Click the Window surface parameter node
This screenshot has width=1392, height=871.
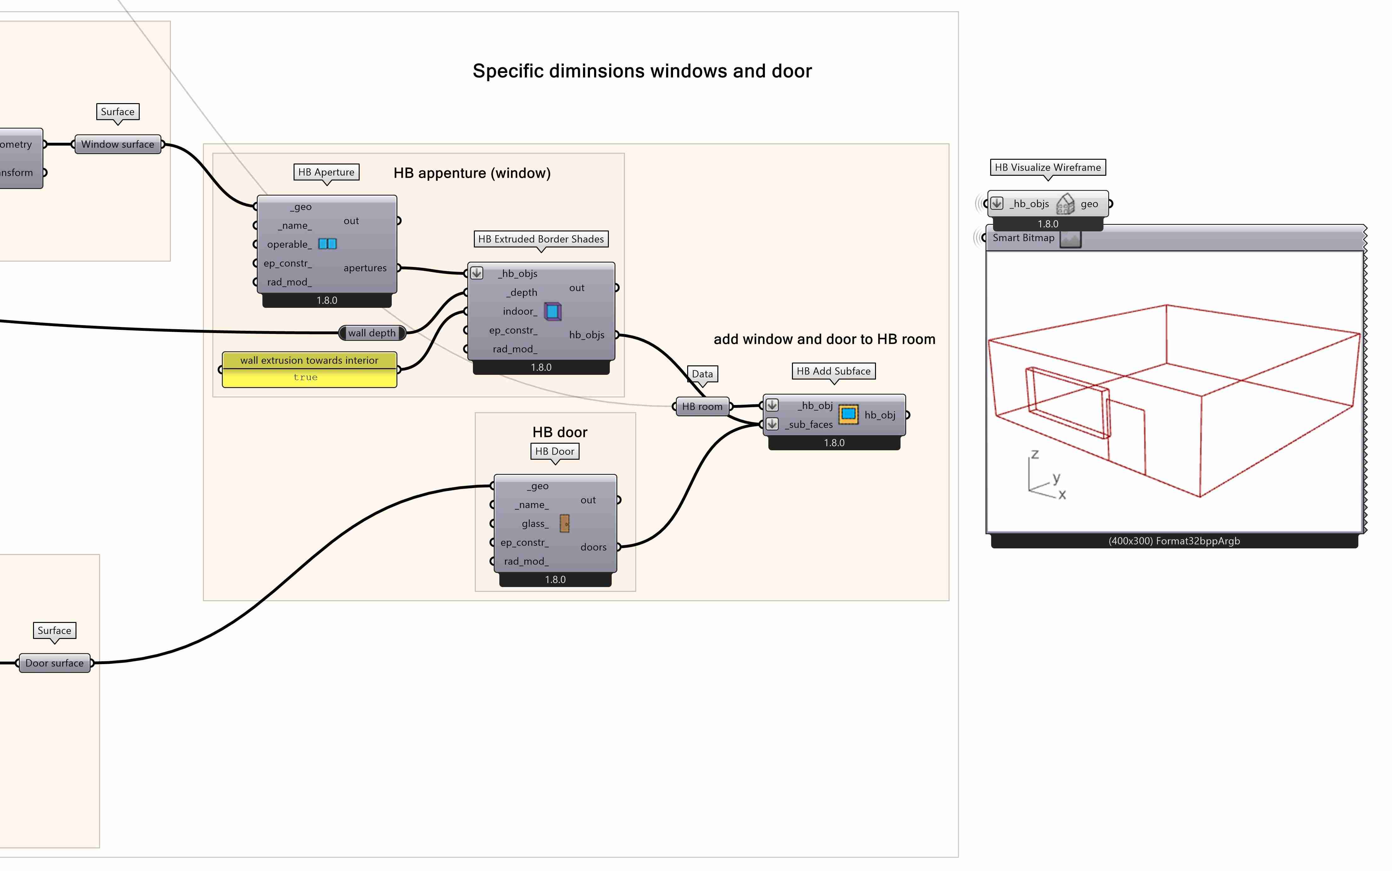click(x=118, y=145)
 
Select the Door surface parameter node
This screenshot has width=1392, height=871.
click(x=54, y=663)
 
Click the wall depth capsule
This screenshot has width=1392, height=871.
click(x=372, y=333)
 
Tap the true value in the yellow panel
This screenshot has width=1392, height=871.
click(x=306, y=377)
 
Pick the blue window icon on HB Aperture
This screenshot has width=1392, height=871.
click(x=328, y=244)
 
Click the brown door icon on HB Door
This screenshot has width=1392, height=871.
click(x=564, y=523)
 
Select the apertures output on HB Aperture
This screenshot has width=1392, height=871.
click(x=365, y=268)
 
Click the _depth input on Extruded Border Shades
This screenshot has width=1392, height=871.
click(x=522, y=293)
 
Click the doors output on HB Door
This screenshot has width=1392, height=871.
click(x=593, y=547)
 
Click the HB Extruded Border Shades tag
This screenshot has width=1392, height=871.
click(x=541, y=239)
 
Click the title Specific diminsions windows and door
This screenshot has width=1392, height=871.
click(x=642, y=71)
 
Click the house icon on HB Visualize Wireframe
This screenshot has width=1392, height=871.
click(x=1065, y=204)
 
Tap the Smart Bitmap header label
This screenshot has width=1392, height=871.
click(x=1023, y=238)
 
